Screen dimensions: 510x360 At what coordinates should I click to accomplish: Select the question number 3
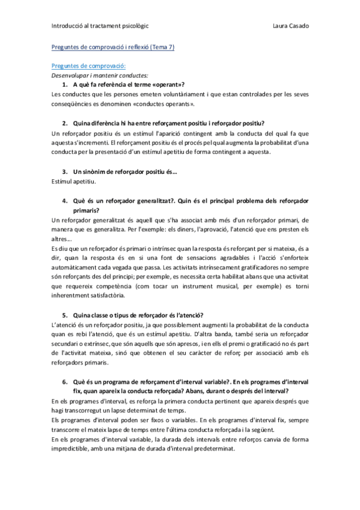[x=64, y=171]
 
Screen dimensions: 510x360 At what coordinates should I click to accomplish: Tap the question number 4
[x=64, y=200]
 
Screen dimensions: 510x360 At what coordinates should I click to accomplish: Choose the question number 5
[x=64, y=315]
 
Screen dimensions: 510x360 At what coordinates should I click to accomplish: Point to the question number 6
[x=64, y=382]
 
